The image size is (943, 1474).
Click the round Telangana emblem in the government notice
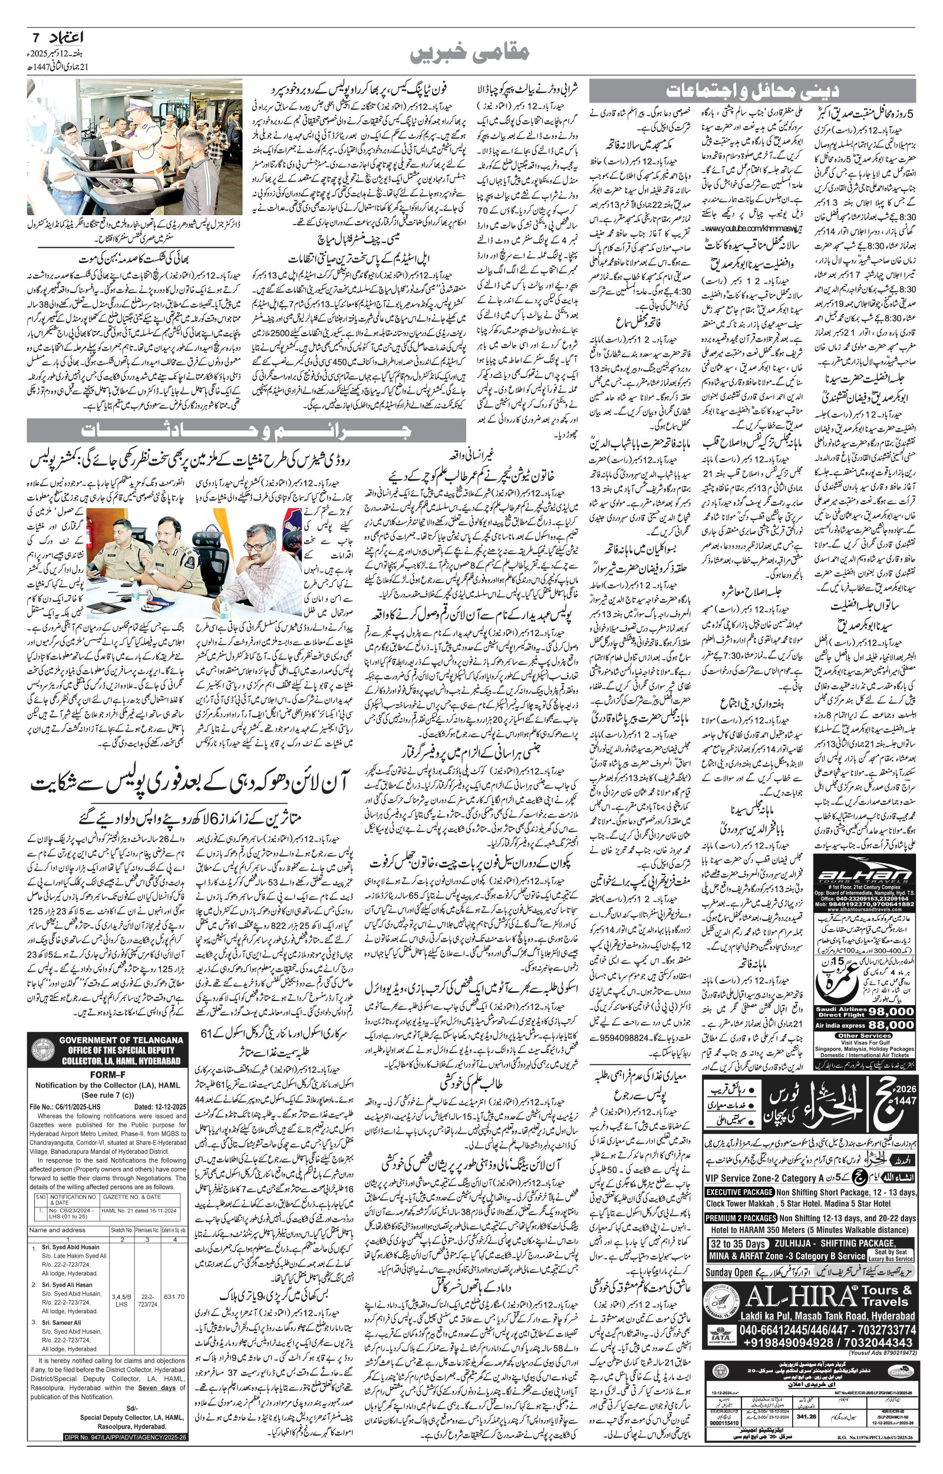[x=44, y=1052]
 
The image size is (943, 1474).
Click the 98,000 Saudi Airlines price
[x=891, y=1011]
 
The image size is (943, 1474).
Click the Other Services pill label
[x=865, y=1035]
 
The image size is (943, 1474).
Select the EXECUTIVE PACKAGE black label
[x=739, y=1192]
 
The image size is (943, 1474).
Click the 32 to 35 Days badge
[x=737, y=1243]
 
